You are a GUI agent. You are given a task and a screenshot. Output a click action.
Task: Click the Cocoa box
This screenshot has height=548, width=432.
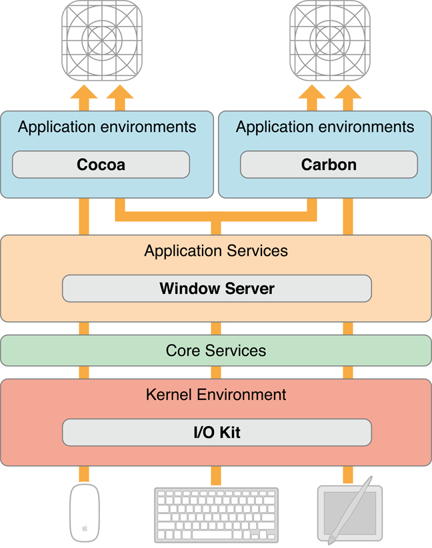(101, 165)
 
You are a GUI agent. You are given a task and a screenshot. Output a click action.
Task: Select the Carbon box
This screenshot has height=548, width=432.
(329, 165)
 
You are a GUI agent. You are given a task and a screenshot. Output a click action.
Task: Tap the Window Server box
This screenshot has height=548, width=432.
(217, 289)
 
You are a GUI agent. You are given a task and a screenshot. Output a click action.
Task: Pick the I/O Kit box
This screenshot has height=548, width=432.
(217, 433)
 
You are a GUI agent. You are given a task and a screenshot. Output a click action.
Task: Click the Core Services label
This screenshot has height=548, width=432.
(216, 351)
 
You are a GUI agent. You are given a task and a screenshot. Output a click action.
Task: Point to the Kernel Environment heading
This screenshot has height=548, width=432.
(216, 395)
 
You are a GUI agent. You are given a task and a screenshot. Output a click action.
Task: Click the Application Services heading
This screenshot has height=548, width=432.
(216, 251)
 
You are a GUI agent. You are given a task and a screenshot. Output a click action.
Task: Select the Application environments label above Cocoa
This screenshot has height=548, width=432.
(107, 127)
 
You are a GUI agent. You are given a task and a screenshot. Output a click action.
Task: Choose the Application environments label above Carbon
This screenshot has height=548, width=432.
(325, 127)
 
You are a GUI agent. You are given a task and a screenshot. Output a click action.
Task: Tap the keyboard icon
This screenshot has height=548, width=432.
(216, 514)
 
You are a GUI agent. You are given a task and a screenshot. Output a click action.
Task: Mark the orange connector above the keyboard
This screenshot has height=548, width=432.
(216, 475)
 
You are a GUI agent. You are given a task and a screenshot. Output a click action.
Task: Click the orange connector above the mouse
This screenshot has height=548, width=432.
(85, 475)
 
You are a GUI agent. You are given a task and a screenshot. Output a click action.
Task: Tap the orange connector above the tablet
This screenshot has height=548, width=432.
(348, 475)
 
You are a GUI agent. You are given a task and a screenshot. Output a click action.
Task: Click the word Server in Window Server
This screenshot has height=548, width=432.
(249, 289)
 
